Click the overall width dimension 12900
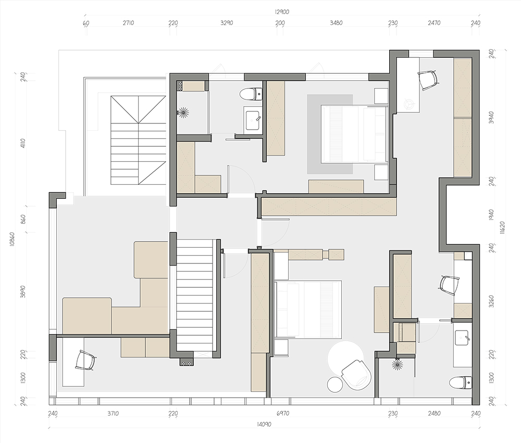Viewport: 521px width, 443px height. pyautogui.click(x=282, y=12)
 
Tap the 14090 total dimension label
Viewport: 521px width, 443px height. pyautogui.click(x=264, y=424)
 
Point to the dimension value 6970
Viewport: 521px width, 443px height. pyautogui.click(x=283, y=414)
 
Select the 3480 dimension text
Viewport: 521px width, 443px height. pyautogui.click(x=336, y=23)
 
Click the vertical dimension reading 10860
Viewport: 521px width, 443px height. pyautogui.click(x=13, y=238)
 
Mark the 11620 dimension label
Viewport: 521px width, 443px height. pyautogui.click(x=502, y=228)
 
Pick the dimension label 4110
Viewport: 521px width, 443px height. pyautogui.click(x=22, y=143)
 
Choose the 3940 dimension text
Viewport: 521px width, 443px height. pyautogui.click(x=492, y=117)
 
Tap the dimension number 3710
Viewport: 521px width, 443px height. pyautogui.click(x=113, y=414)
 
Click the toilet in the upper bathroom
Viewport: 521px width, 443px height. pyautogui.click(x=251, y=94)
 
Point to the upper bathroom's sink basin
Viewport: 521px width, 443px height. pyautogui.click(x=253, y=120)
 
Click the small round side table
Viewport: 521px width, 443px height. pyautogui.click(x=334, y=384)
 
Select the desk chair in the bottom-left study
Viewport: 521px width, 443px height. pyautogui.click(x=85, y=361)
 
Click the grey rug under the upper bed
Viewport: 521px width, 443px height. pyautogui.click(x=330, y=134)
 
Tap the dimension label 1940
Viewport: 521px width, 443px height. pyautogui.click(x=492, y=215)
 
